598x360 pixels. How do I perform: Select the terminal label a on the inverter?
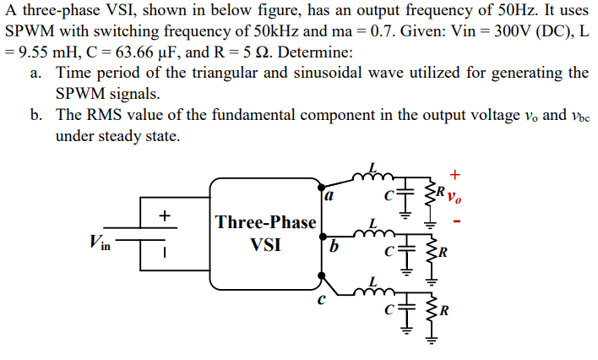328,196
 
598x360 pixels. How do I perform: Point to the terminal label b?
334,247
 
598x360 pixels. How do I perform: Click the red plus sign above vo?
455,175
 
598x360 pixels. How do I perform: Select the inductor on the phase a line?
374,174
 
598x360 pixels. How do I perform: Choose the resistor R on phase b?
434,250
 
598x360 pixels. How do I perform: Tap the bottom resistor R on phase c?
434,306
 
